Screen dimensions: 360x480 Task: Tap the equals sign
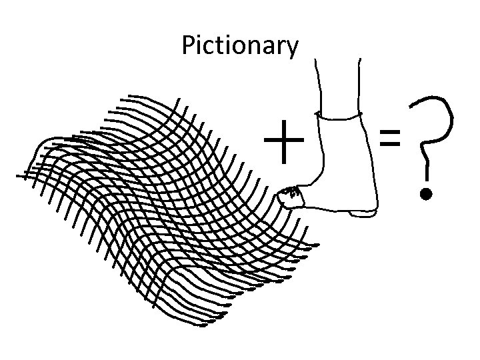pos(390,138)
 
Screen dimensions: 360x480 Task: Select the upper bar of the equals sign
pos(390,132)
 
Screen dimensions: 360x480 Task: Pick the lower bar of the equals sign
pos(390,144)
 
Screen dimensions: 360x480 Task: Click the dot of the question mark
pos(426,195)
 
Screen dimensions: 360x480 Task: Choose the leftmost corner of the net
pos(19,177)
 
